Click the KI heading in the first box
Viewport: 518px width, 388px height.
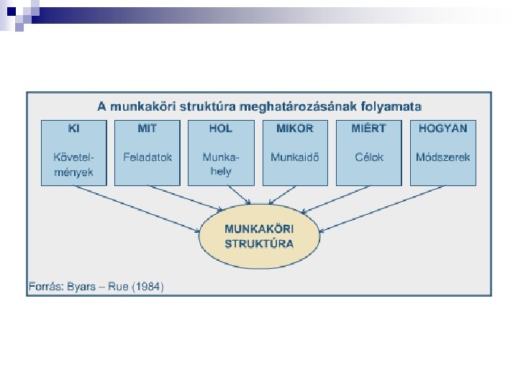pyautogui.click(x=73, y=129)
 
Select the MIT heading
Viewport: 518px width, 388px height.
pyautogui.click(x=147, y=129)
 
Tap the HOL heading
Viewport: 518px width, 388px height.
pyautogui.click(x=221, y=129)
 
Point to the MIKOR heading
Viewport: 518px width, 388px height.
pyautogui.click(x=295, y=129)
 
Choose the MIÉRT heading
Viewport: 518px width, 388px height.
pyautogui.click(x=368, y=129)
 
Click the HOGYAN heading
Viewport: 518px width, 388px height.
pyautogui.click(x=442, y=129)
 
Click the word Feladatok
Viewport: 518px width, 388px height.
pyautogui.click(x=147, y=157)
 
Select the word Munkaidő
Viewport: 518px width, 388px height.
pyautogui.click(x=295, y=157)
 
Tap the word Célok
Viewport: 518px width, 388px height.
pyautogui.click(x=369, y=157)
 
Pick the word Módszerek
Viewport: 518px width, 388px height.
pyautogui.click(x=442, y=157)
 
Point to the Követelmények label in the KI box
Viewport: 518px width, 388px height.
pyautogui.click(x=73, y=165)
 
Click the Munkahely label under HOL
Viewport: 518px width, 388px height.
pyautogui.click(x=221, y=165)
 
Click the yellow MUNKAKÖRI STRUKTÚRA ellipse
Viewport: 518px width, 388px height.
pyautogui.click(x=259, y=236)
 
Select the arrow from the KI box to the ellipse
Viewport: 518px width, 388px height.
pyautogui.click(x=137, y=209)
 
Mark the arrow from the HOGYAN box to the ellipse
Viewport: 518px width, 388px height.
pyautogui.click(x=381, y=209)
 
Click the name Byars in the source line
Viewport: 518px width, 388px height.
pyautogui.click(x=81, y=287)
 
